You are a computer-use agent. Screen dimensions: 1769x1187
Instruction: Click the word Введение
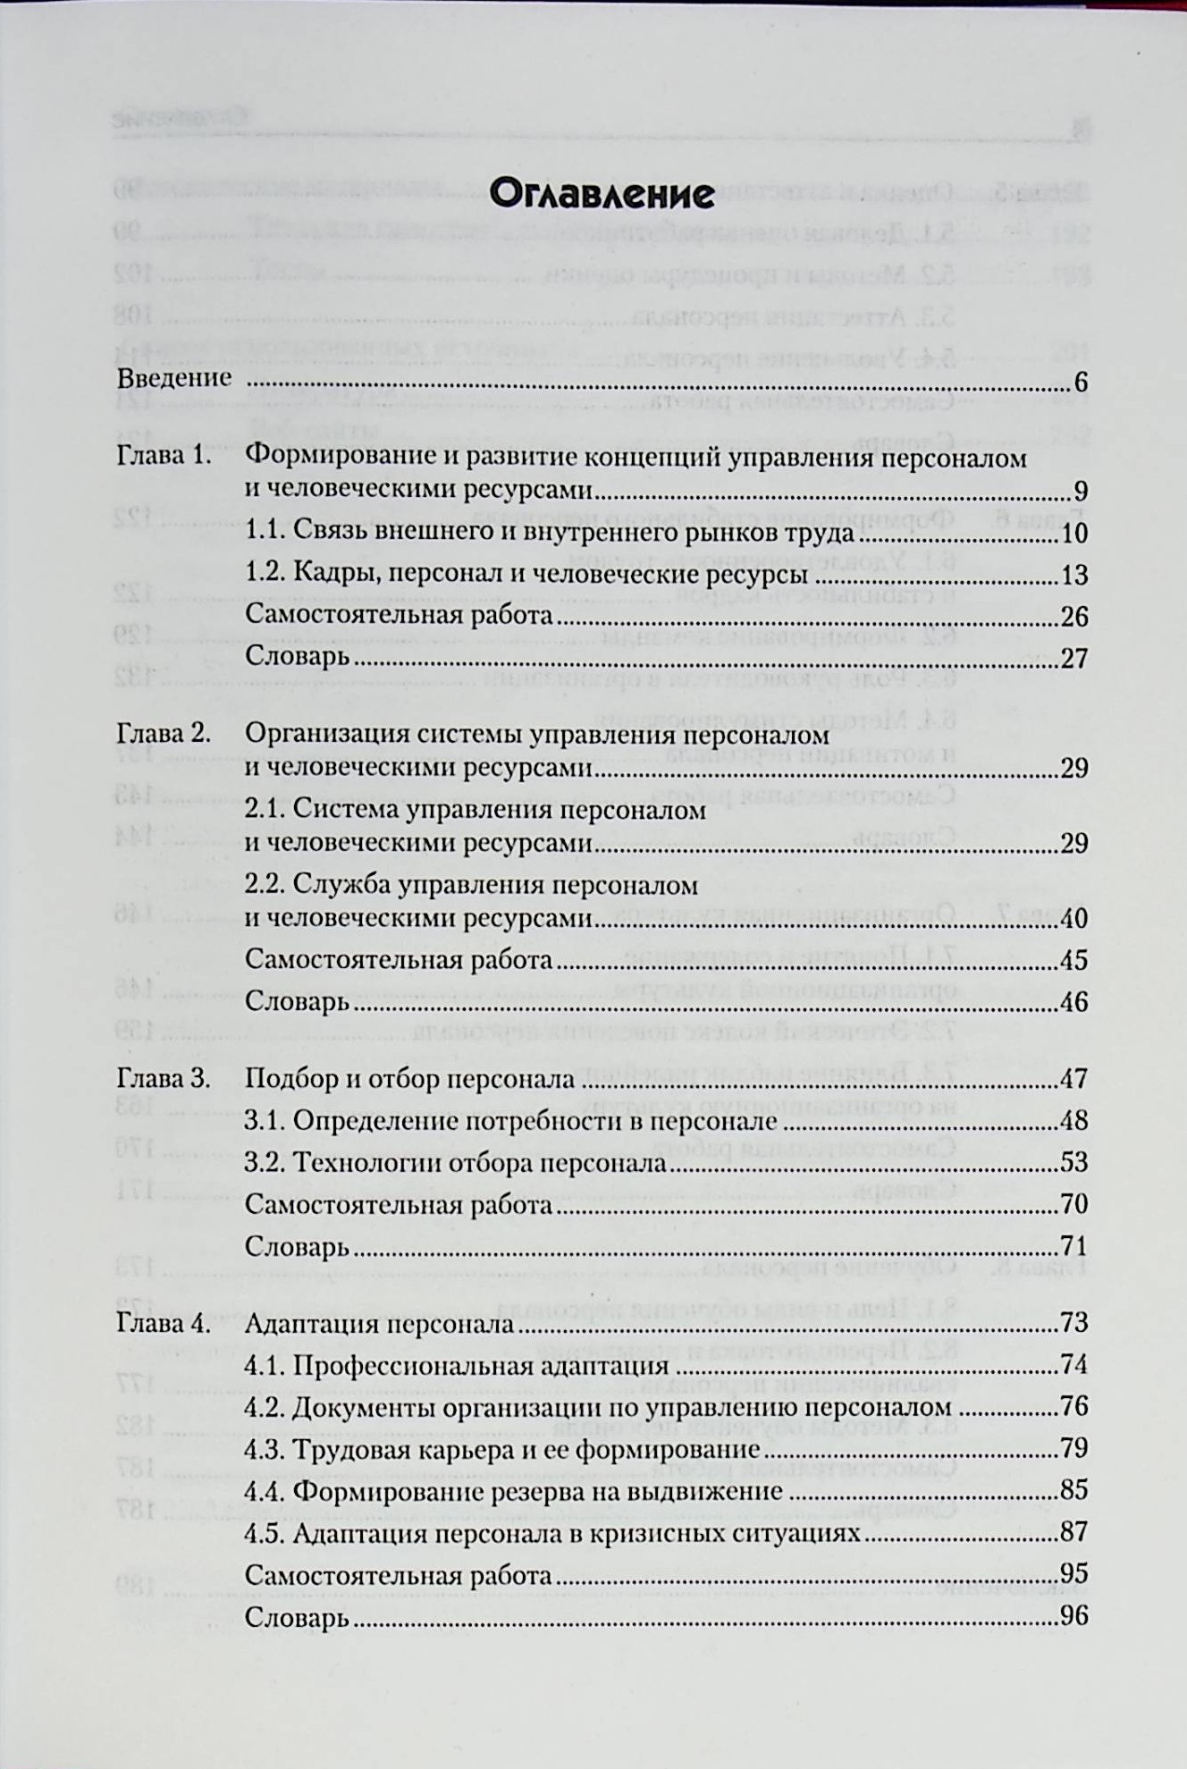pyautogui.click(x=174, y=378)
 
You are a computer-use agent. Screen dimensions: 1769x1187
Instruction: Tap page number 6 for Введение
pyautogui.click(x=1081, y=383)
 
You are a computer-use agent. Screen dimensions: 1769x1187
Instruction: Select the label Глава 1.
pyautogui.click(x=164, y=456)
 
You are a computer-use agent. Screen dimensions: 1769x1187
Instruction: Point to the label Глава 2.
pyautogui.click(x=164, y=734)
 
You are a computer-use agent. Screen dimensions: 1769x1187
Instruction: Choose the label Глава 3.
pyautogui.click(x=164, y=1078)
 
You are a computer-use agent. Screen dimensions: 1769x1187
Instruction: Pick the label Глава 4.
pyautogui.click(x=164, y=1323)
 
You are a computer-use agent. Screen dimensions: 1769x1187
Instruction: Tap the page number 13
pyautogui.click(x=1073, y=574)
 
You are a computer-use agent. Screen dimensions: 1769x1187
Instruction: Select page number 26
pyautogui.click(x=1073, y=616)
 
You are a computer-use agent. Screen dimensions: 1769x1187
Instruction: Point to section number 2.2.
pyautogui.click(x=265, y=885)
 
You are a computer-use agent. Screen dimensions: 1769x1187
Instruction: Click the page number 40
pyautogui.click(x=1073, y=918)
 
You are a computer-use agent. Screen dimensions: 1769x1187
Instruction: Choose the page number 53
pyautogui.click(x=1073, y=1162)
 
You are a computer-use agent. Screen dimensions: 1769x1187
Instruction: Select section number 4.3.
pyautogui.click(x=265, y=1448)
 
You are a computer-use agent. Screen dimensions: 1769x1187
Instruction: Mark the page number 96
pyautogui.click(x=1073, y=1616)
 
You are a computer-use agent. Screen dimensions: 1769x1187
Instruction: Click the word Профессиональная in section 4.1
pyautogui.click(x=408, y=1366)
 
